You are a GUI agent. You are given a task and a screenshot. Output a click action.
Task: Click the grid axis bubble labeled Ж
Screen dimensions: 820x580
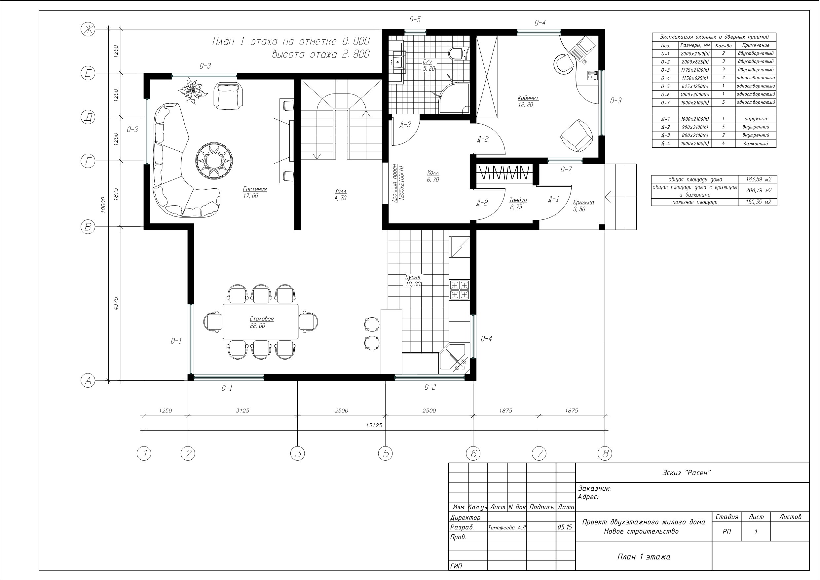[88, 29]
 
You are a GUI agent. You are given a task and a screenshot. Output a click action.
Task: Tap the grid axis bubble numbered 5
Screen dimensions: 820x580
[386, 453]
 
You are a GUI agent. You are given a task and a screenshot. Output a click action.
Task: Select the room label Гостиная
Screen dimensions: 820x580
[255, 189]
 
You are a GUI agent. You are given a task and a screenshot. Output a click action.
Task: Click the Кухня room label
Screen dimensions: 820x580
[413, 277]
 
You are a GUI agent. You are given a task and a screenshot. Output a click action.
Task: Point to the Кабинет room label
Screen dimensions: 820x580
[528, 98]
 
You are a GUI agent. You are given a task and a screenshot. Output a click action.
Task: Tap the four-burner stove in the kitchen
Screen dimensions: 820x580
[459, 290]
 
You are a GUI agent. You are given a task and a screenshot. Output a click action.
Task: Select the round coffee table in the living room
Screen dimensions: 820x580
[214, 160]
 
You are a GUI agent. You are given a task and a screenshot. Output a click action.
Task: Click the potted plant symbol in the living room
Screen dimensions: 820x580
[193, 91]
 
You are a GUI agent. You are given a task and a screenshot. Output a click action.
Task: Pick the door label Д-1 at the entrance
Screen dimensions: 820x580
[554, 199]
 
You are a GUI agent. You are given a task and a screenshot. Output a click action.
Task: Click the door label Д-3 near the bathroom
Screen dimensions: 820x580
[405, 124]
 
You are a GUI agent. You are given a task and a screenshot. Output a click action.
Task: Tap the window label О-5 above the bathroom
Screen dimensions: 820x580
[415, 19]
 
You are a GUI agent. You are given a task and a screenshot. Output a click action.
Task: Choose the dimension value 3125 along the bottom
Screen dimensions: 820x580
[242, 410]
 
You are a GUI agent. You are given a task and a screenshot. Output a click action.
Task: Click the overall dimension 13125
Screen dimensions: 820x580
[374, 425]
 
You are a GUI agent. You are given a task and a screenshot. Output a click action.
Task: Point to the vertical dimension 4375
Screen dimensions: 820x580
[115, 303]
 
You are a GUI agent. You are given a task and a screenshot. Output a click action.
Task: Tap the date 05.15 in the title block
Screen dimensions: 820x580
[565, 527]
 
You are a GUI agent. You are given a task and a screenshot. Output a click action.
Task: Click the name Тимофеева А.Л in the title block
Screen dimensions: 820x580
[507, 527]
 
